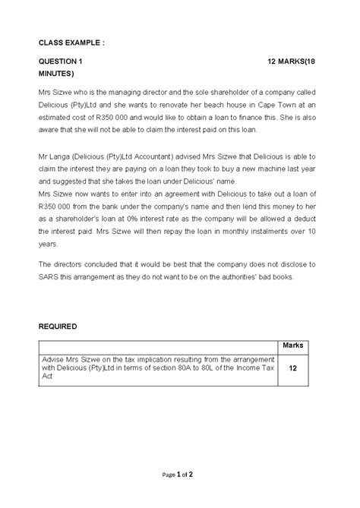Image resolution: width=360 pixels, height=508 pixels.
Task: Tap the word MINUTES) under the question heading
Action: point(57,74)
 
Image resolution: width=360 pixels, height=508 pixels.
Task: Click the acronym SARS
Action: point(51,278)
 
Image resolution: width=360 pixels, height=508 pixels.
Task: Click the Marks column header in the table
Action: point(293,345)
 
